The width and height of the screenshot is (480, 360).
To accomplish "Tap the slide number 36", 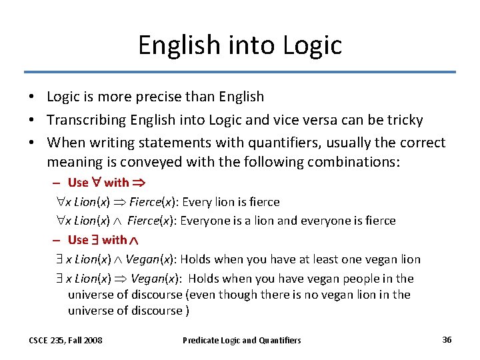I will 447,340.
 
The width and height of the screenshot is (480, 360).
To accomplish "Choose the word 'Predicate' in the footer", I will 201,341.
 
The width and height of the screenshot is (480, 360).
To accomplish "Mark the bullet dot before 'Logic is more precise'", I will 32,97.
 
